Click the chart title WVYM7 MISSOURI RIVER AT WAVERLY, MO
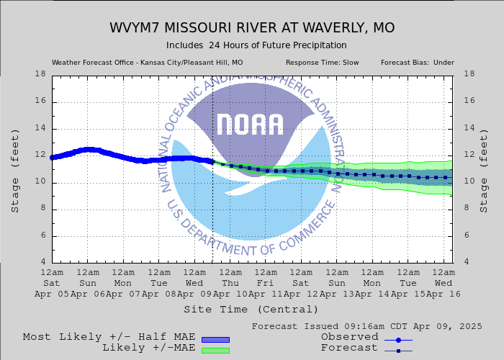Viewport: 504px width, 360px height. (252, 28)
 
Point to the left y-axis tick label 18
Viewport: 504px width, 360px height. (40, 74)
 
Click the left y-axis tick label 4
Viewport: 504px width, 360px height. (42, 262)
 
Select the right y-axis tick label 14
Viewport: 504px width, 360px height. (469, 128)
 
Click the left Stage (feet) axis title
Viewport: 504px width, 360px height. (15, 169)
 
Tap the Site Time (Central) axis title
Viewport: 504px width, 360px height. (251, 310)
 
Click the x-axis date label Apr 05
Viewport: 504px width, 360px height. (52, 294)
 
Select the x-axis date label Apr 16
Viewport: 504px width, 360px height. (444, 294)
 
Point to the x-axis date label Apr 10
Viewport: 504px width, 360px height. (230, 294)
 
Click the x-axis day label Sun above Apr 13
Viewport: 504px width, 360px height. (337, 284)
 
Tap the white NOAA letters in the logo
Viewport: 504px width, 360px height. (250, 125)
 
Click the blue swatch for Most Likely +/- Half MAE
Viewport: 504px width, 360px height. (215, 339)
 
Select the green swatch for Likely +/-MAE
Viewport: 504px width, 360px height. (215, 351)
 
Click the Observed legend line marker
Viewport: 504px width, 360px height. (398, 339)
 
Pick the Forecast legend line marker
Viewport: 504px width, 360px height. (398, 351)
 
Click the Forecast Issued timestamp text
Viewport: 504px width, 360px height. (367, 326)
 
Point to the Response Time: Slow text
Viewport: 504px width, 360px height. (322, 63)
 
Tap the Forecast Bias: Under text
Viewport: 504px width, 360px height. (417, 63)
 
